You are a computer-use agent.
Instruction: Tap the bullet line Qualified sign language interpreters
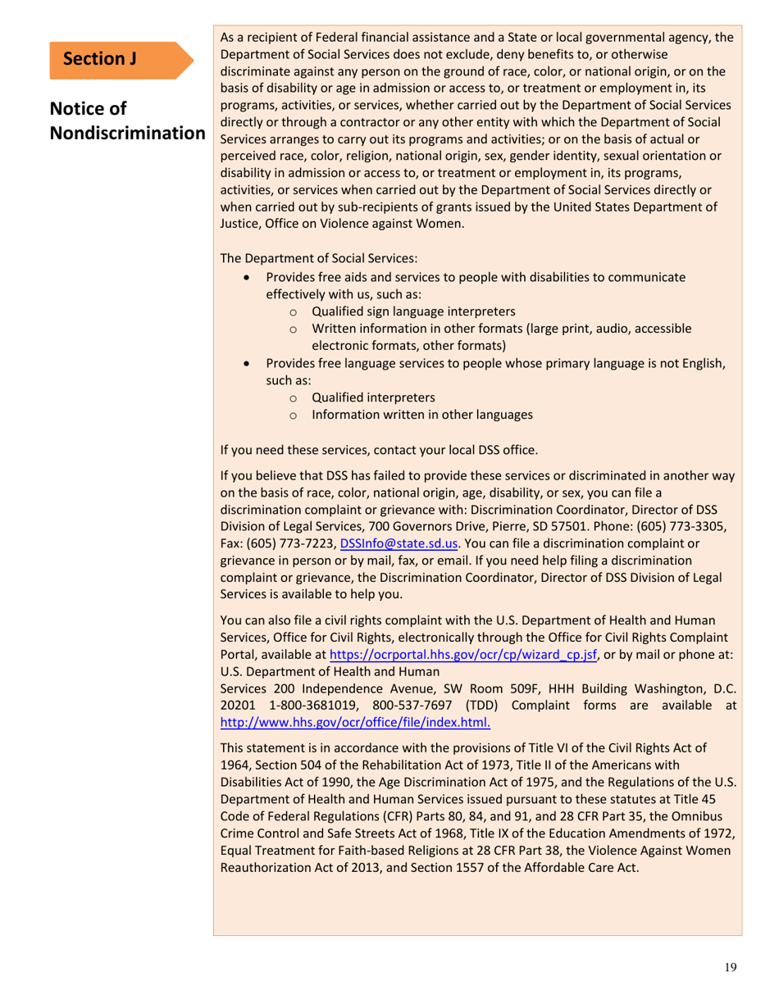413,311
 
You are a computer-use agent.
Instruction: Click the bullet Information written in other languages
422,415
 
